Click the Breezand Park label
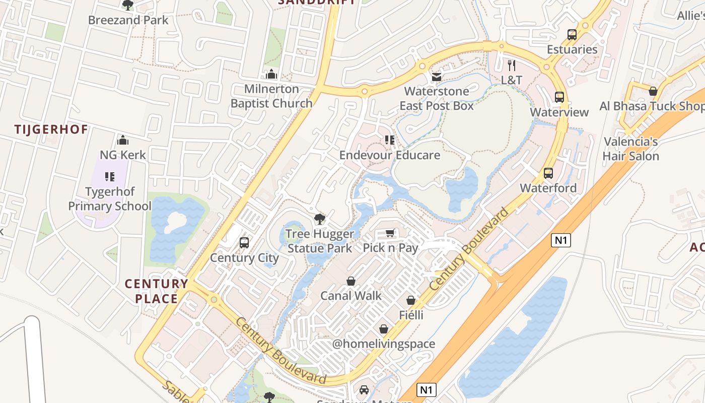(128, 20)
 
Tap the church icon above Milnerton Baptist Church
(271, 75)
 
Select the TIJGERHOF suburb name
(51, 129)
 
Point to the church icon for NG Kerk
(123, 140)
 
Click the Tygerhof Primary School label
(109, 199)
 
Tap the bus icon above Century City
(244, 243)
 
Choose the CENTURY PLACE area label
(156, 291)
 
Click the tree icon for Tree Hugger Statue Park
(319, 219)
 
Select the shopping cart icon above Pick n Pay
(390, 233)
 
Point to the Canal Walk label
(351, 296)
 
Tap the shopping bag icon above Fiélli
(411, 300)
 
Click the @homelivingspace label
(383, 344)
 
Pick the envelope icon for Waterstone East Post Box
(437, 77)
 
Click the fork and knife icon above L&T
(512, 65)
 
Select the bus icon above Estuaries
(572, 35)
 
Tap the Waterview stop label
(559, 112)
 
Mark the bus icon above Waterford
(548, 173)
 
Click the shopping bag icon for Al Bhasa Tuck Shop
(653, 92)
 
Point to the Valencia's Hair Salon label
(631, 149)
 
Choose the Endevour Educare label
(389, 155)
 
